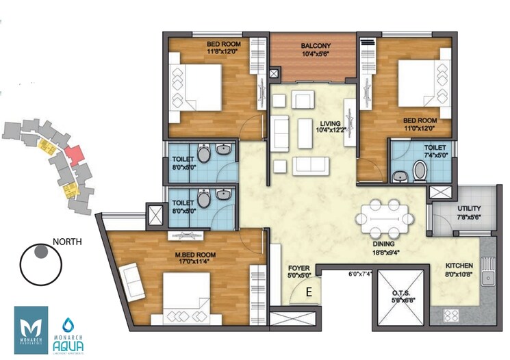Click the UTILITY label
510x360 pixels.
click(x=469, y=207)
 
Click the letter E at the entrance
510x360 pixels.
click(x=309, y=292)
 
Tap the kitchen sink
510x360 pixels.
click(x=488, y=277)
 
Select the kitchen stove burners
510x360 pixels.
click(x=452, y=316)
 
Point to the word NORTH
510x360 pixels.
click(x=67, y=241)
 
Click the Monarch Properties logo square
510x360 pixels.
click(x=31, y=330)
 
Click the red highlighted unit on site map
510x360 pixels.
click(x=74, y=153)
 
